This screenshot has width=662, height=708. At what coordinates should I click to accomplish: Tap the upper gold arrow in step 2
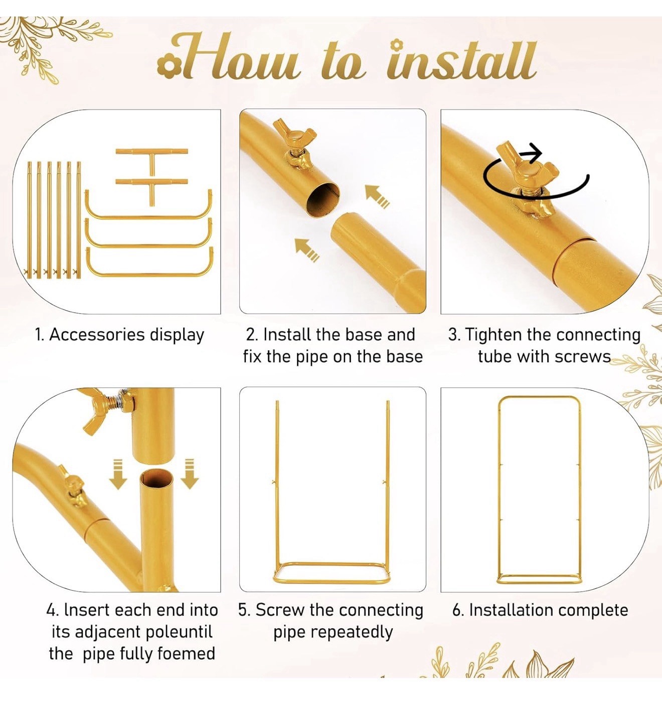click(x=377, y=196)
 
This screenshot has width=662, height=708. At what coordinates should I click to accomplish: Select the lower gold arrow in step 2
click(x=307, y=250)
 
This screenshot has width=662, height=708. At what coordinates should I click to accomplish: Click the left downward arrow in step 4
click(x=118, y=474)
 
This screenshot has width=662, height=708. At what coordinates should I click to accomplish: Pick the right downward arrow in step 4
click(x=190, y=474)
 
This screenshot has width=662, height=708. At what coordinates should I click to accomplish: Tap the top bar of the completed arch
click(x=539, y=397)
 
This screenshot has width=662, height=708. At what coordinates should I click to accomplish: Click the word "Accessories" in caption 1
click(x=97, y=335)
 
